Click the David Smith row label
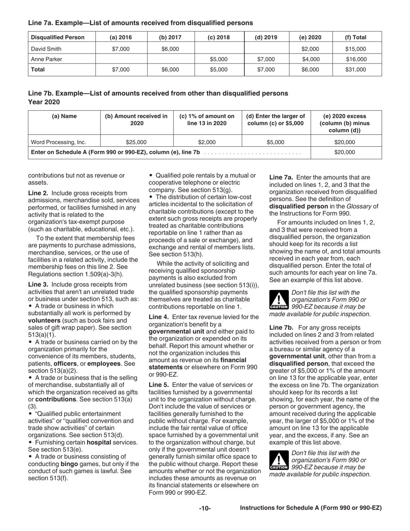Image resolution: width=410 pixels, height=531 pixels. click(x=45, y=49)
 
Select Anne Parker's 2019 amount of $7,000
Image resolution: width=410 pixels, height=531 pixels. click(x=265, y=59)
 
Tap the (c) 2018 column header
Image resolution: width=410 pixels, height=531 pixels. click(x=219, y=37)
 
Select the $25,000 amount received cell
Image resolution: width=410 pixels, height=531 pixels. click(x=136, y=142)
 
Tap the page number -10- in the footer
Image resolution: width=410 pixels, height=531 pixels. click(x=205, y=509)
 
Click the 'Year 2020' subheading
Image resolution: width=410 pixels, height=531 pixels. click(x=44, y=102)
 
